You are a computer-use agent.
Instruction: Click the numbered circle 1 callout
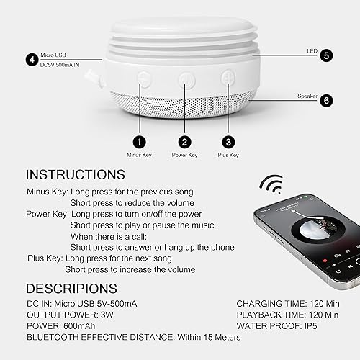point(139,142)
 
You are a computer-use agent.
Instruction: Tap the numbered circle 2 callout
point(186,142)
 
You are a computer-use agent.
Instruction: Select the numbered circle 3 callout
point(229,142)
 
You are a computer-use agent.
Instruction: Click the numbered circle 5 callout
point(326,55)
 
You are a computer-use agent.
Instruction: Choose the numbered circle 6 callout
point(326,101)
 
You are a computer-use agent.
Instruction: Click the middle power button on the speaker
point(186,78)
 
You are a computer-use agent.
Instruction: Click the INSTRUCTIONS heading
point(75,175)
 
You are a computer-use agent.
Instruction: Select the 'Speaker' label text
point(307,96)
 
